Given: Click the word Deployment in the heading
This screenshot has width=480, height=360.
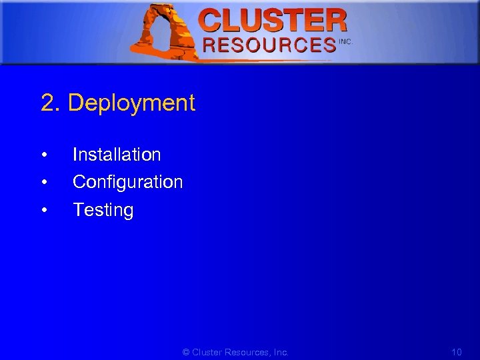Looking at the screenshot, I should click(x=131, y=103).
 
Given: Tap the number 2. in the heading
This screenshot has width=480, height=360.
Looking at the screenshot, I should click(x=51, y=103).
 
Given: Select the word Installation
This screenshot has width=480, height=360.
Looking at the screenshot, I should click(x=117, y=155).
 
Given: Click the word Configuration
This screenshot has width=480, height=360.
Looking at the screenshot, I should click(x=127, y=182).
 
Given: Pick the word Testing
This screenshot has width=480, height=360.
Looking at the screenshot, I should click(x=103, y=211).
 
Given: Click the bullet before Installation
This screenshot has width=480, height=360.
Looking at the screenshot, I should click(x=43, y=155).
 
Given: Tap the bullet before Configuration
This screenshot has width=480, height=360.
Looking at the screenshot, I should click(x=43, y=183).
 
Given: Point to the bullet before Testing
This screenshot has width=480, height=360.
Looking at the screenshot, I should click(x=43, y=211).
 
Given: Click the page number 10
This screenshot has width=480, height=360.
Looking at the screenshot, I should click(x=457, y=352).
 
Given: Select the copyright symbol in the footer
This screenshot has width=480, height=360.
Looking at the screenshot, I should click(x=186, y=352).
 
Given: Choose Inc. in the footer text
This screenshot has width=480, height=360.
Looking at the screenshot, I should click(x=281, y=352).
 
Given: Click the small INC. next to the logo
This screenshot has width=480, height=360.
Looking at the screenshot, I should click(x=345, y=41).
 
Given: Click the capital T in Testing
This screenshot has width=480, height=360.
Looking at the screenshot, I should click(x=78, y=211).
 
